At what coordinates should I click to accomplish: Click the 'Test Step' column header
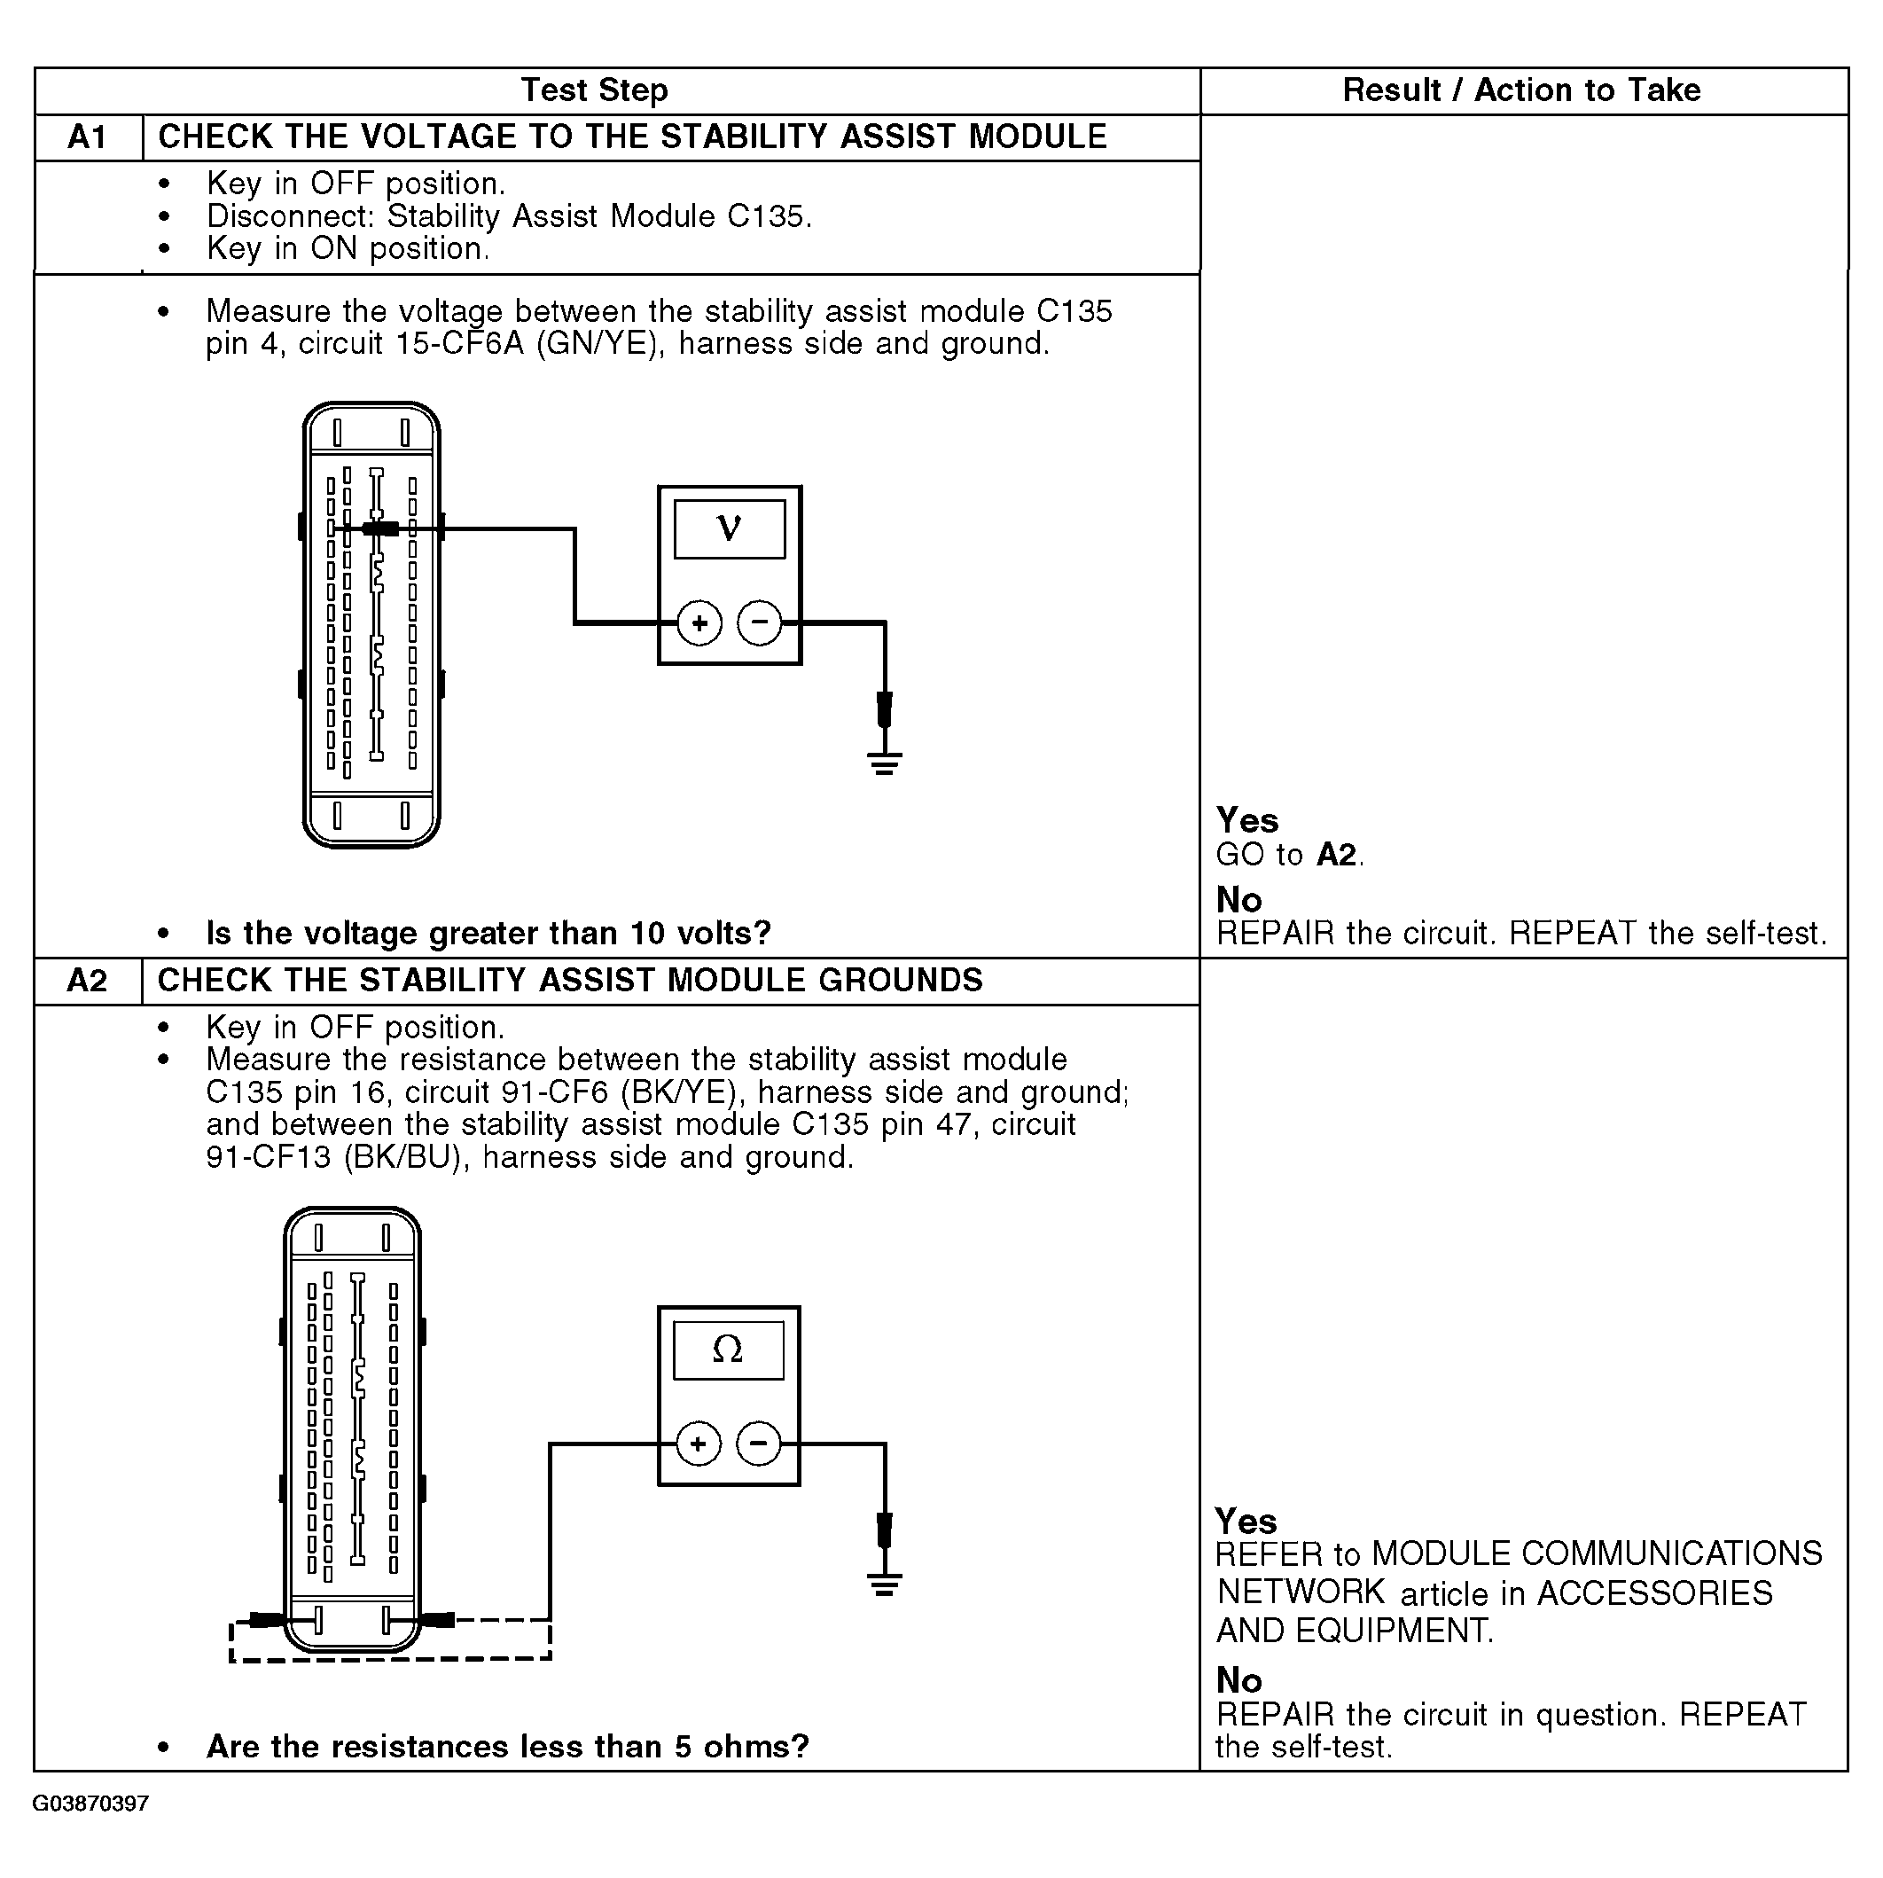pyautogui.click(x=595, y=90)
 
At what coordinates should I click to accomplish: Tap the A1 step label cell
pyautogui.click(x=88, y=137)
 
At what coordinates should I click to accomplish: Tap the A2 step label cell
pyautogui.click(x=88, y=981)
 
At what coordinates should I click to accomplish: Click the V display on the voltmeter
pyautogui.click(x=729, y=529)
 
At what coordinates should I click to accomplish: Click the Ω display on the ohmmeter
pyautogui.click(x=728, y=1350)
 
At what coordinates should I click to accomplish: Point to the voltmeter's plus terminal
pyautogui.click(x=699, y=622)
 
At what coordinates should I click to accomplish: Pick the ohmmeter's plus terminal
pyautogui.click(x=698, y=1444)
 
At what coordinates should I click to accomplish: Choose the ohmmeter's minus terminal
pyautogui.click(x=759, y=1444)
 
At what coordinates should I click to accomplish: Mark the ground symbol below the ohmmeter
pyautogui.click(x=884, y=1584)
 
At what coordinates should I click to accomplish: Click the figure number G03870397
pyautogui.click(x=90, y=1804)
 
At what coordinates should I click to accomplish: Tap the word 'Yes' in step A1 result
pyautogui.click(x=1246, y=820)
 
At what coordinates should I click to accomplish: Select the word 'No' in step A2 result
pyautogui.click(x=1238, y=1680)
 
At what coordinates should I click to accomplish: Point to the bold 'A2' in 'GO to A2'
pyautogui.click(x=1336, y=855)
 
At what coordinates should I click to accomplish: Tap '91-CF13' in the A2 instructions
pyautogui.click(x=268, y=1158)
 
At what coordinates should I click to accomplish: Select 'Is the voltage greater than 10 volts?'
pyautogui.click(x=488, y=934)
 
